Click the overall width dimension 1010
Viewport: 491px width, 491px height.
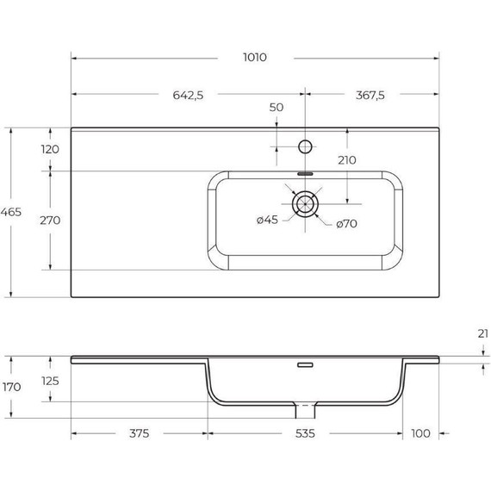[255, 58]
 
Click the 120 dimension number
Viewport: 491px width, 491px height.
[50, 149]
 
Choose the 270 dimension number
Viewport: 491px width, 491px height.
[50, 220]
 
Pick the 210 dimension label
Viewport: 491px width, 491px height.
[347, 159]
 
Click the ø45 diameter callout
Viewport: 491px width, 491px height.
[267, 221]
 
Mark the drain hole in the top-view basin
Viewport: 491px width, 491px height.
[305, 203]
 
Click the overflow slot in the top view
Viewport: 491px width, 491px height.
[305, 172]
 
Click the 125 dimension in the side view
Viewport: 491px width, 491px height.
[50, 380]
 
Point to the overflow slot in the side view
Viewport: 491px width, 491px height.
[304, 365]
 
